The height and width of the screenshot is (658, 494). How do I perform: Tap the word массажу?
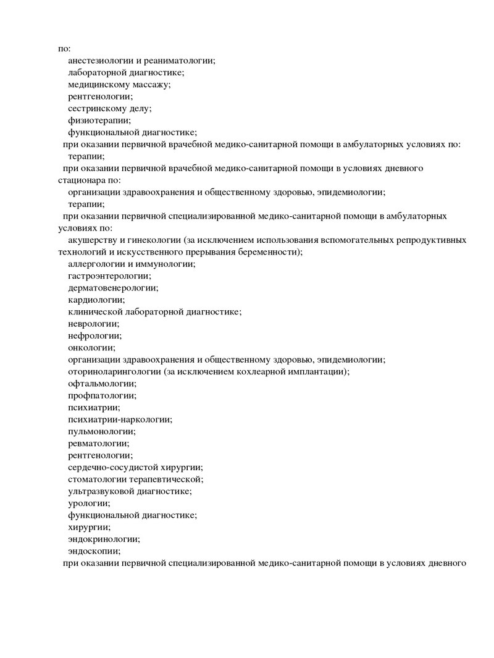(x=151, y=84)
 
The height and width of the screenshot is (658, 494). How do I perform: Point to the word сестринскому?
(x=95, y=108)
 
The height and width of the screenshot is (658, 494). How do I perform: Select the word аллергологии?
(x=96, y=264)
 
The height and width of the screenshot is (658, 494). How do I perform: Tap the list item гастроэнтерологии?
(x=109, y=276)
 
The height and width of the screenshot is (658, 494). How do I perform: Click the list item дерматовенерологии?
(x=113, y=287)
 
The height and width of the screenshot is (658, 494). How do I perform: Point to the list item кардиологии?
(x=96, y=300)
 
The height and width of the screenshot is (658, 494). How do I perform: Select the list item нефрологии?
(x=95, y=335)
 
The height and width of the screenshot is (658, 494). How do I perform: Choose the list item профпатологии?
(x=103, y=395)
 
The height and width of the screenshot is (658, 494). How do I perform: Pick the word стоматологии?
(x=98, y=479)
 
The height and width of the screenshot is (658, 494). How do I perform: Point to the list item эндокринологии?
(x=104, y=539)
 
